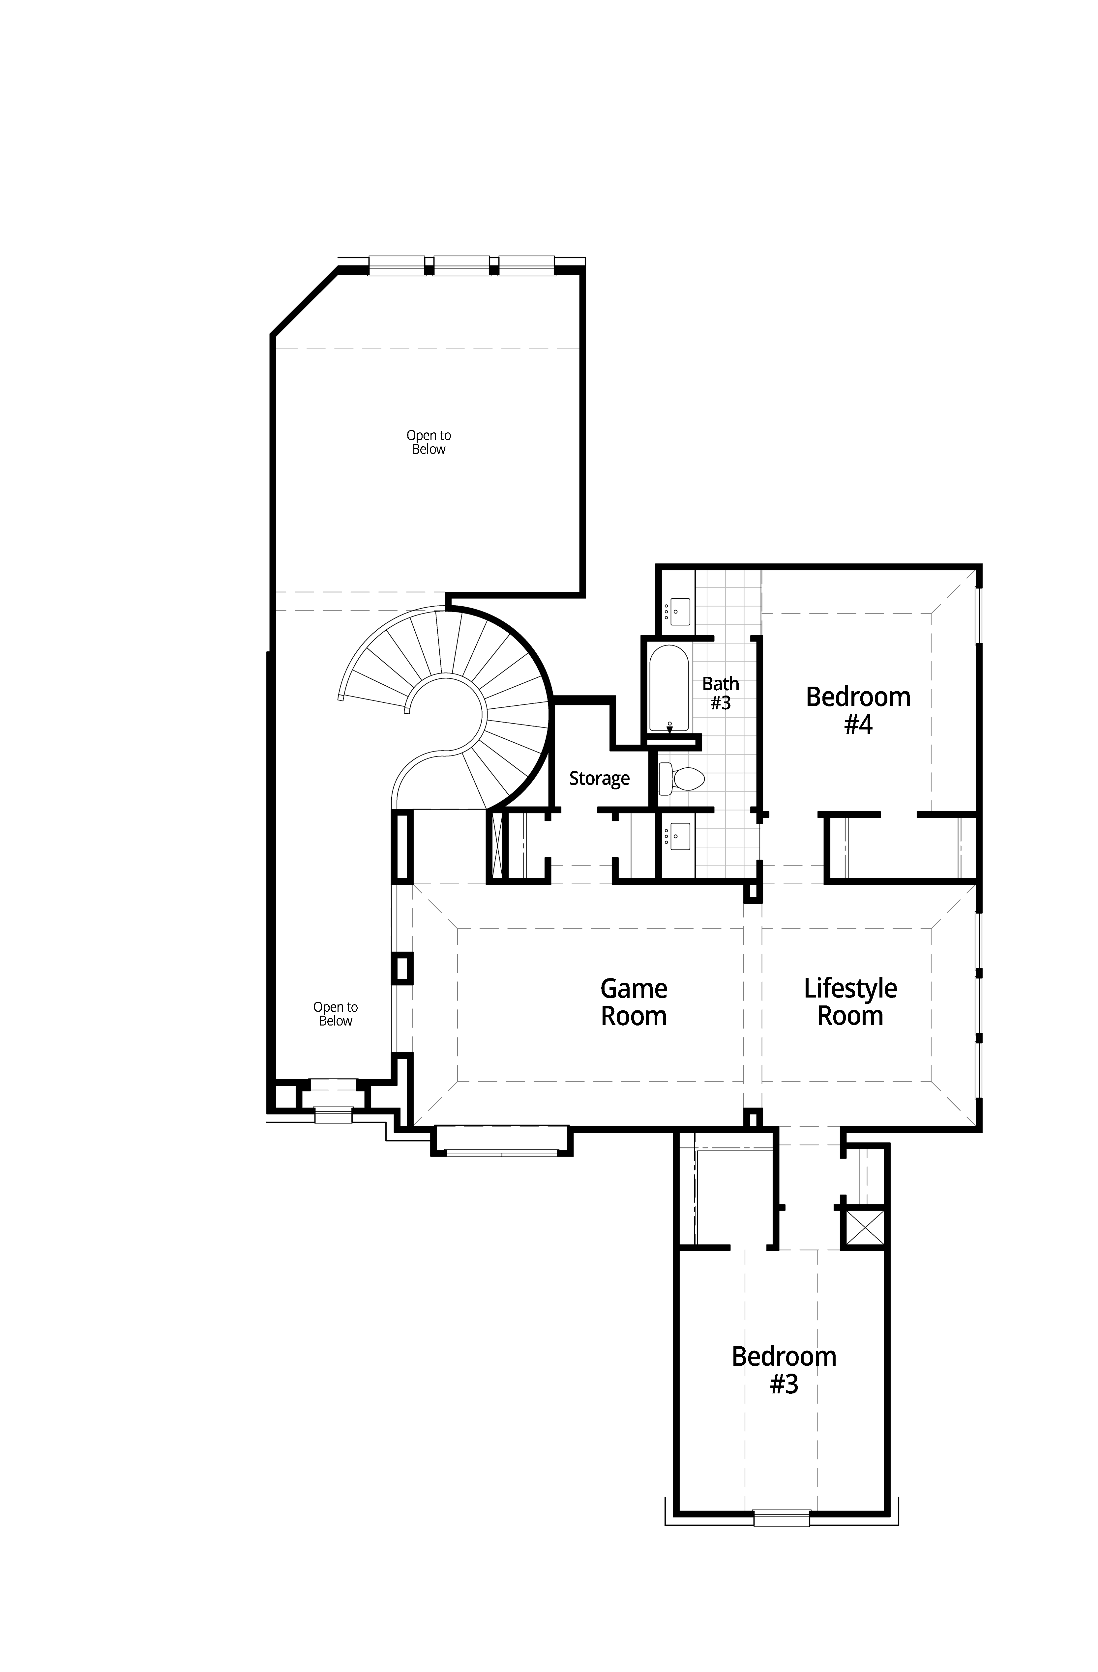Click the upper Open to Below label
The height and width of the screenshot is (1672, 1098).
[x=429, y=442]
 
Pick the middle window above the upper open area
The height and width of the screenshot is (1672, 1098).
[x=462, y=265]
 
